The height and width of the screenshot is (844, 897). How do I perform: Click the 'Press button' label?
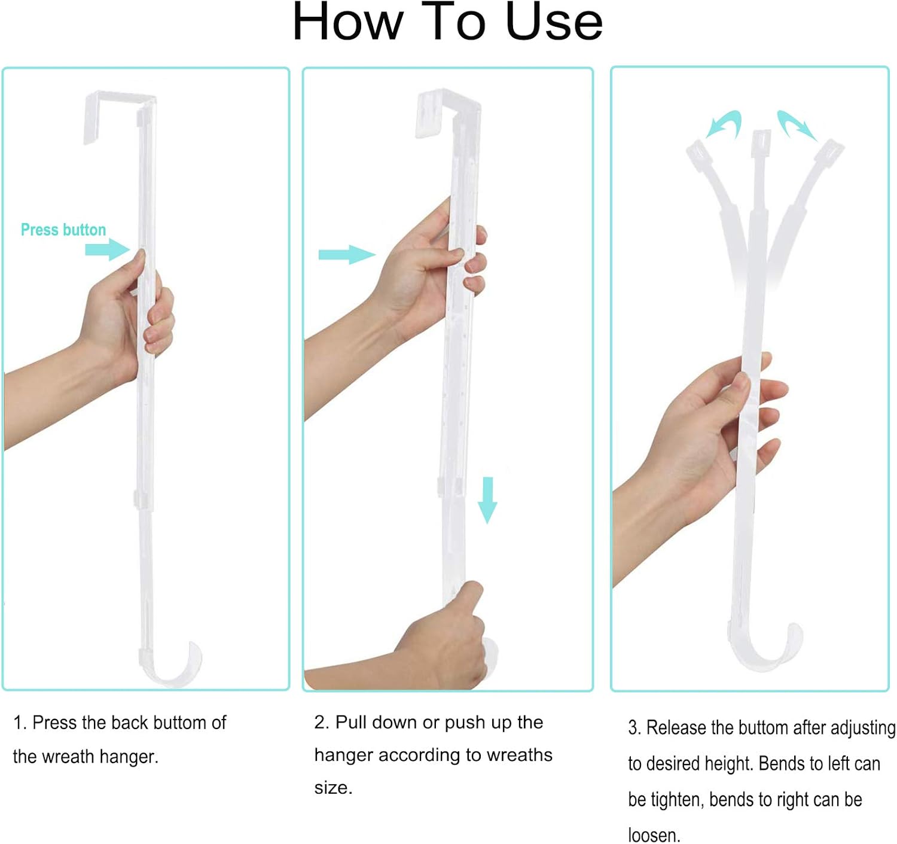point(63,230)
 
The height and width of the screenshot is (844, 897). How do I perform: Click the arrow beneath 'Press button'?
point(107,249)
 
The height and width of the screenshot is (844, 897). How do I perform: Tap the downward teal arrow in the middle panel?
point(487,500)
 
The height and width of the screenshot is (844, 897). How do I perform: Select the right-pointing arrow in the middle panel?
point(346,255)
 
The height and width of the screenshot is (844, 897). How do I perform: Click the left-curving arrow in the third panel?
point(725,124)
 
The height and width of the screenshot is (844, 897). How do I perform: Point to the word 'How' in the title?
point(347,22)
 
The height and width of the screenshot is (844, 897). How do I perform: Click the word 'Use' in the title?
point(554,22)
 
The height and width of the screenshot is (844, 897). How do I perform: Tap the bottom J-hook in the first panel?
point(173,665)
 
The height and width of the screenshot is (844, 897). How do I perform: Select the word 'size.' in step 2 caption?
point(333,788)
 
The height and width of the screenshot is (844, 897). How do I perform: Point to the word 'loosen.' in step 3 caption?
point(654,835)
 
